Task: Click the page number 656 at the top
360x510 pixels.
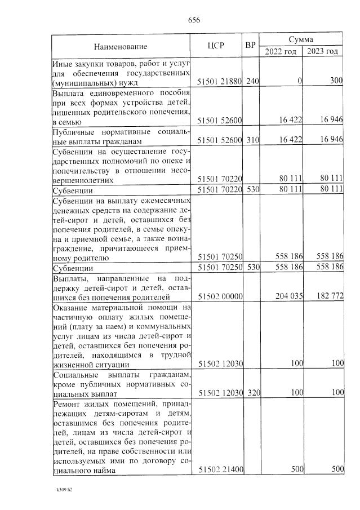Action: click(194, 20)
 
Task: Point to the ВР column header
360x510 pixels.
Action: click(251, 45)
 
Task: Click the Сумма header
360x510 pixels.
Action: click(301, 39)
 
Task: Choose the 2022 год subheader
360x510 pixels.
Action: click(281, 52)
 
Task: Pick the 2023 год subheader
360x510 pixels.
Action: click(323, 52)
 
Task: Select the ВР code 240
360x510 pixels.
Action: click(252, 81)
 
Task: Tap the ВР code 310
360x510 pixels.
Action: click(252, 140)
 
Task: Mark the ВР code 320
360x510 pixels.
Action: click(252, 392)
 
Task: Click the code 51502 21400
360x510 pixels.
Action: click(219, 469)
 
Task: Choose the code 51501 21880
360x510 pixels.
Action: click(219, 81)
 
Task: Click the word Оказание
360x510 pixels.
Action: click(71, 308)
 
